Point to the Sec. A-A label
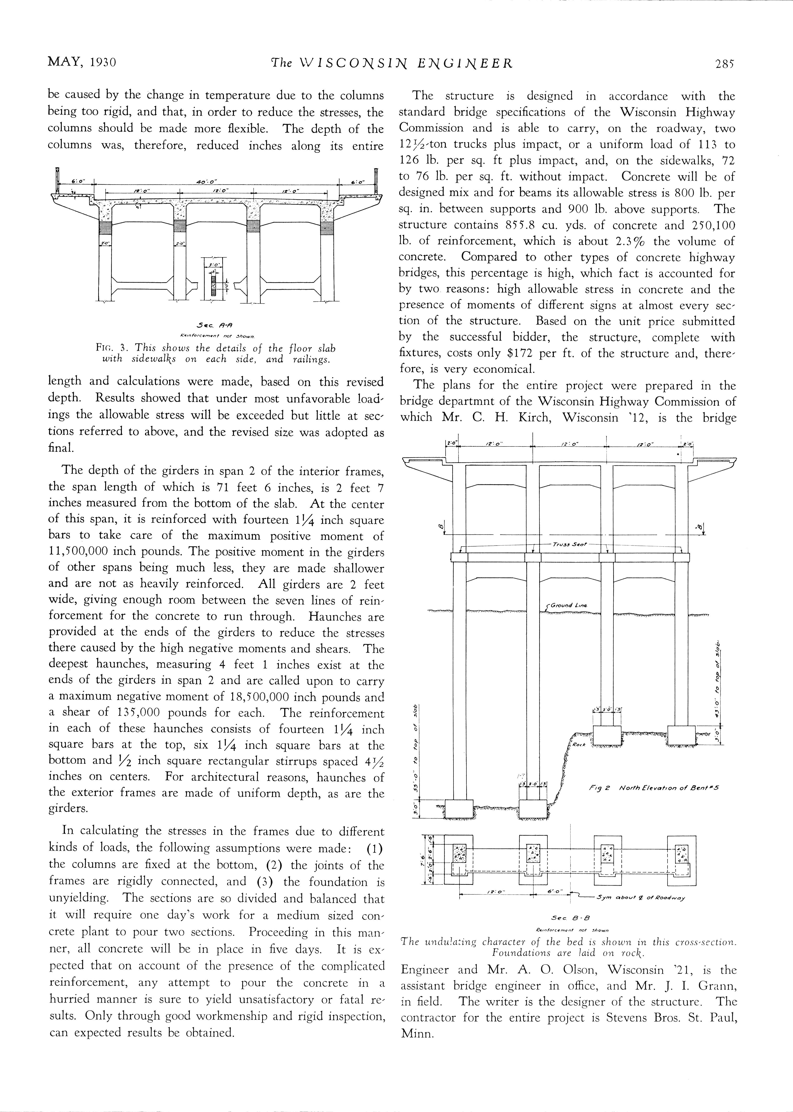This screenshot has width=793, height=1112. pos(215,324)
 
